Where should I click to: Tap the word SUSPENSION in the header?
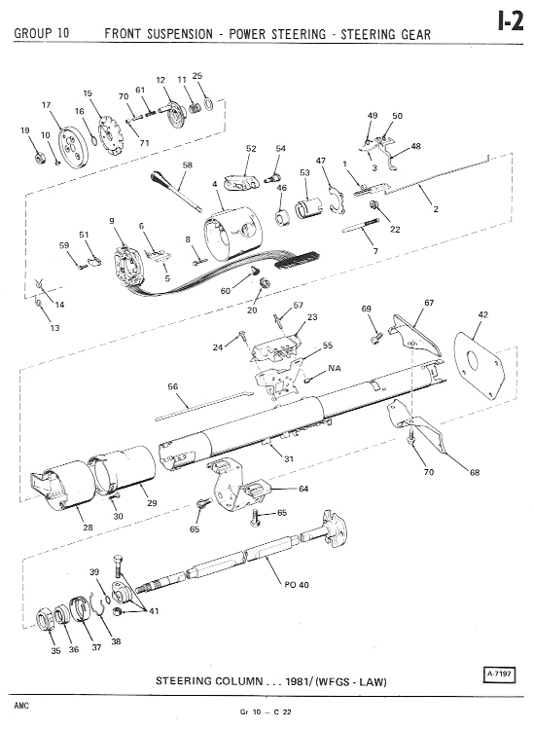tap(179, 34)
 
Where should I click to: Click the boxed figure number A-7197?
tap(500, 674)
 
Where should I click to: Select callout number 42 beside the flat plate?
tap(482, 314)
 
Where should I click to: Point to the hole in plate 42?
tap(474, 361)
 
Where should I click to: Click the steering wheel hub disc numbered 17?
tap(73, 147)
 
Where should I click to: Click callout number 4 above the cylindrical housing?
tap(215, 184)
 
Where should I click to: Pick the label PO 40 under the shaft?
tap(297, 585)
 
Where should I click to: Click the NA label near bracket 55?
tap(335, 368)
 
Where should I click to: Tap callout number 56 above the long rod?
tap(172, 386)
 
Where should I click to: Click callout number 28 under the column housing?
tap(88, 528)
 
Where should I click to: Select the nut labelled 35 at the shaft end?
tap(45, 621)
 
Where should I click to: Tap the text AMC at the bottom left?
tap(21, 706)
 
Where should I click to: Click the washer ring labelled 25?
tap(209, 104)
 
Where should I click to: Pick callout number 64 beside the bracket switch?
tap(303, 489)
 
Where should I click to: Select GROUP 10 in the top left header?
tap(42, 33)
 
